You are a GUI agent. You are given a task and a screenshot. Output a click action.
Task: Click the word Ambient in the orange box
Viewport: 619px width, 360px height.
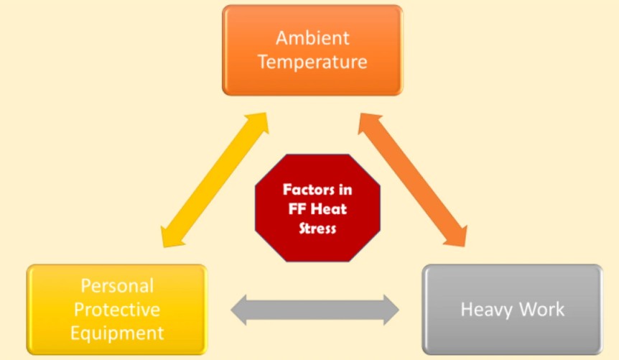coord(312,38)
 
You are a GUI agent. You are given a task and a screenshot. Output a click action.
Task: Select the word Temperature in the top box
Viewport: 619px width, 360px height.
coord(312,62)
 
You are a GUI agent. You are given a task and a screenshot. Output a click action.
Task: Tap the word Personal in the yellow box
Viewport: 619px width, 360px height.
coord(117,286)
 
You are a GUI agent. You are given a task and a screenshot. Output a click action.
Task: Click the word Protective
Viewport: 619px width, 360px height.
coord(117,310)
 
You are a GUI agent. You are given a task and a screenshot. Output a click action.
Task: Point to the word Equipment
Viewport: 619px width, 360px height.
coord(117,333)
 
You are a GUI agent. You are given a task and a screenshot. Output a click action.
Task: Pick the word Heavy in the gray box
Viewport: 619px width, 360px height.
coord(486,310)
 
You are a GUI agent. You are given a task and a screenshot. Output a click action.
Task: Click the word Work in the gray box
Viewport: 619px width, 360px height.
coord(541,309)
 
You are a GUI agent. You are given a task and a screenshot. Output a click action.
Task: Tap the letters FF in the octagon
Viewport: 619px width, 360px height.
coord(297,208)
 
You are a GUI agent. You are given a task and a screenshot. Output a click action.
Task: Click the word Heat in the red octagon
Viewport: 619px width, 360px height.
coord(328,208)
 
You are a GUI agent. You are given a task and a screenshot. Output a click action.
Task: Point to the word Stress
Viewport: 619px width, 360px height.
coord(317,229)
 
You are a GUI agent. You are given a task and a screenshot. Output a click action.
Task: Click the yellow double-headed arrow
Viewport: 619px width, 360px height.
coord(215,180)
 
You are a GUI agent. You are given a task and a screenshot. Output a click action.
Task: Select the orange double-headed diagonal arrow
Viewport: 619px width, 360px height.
coord(412,180)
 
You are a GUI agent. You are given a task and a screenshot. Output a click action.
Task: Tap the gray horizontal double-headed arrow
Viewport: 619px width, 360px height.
coord(315,310)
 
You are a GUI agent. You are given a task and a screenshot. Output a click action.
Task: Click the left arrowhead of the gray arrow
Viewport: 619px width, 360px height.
coord(238,310)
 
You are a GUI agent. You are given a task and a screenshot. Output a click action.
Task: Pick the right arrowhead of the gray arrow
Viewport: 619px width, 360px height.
coord(391,310)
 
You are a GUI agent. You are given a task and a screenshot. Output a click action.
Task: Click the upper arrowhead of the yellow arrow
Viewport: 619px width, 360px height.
coord(259,121)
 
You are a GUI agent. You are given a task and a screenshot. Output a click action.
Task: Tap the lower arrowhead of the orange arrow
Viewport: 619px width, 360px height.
coord(457,237)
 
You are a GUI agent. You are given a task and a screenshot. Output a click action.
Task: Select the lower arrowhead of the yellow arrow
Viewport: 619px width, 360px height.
coord(171,238)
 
